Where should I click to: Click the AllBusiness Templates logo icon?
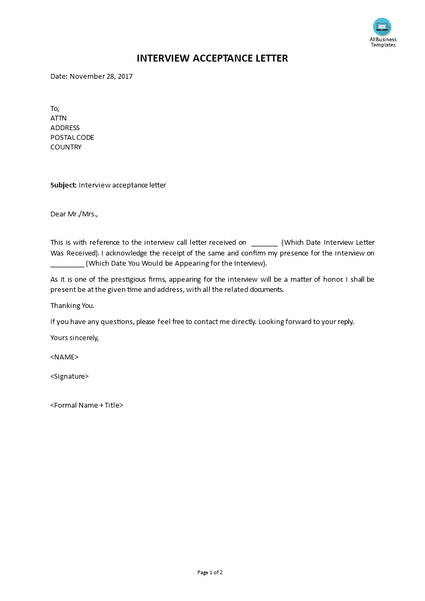tap(382, 27)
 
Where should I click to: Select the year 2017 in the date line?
tap(125, 77)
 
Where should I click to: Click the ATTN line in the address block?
tap(58, 118)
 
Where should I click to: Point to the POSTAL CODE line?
tap(72, 138)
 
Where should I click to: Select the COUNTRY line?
tap(66, 147)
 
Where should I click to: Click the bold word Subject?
tap(63, 185)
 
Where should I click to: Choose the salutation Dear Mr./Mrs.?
tap(74, 214)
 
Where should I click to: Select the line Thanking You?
tap(72, 306)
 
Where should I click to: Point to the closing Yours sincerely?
tap(74, 338)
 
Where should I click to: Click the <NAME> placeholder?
tap(64, 357)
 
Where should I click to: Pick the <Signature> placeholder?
tap(70, 377)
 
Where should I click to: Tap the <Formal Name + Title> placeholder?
tap(87, 405)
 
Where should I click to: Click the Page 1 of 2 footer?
tap(210, 573)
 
